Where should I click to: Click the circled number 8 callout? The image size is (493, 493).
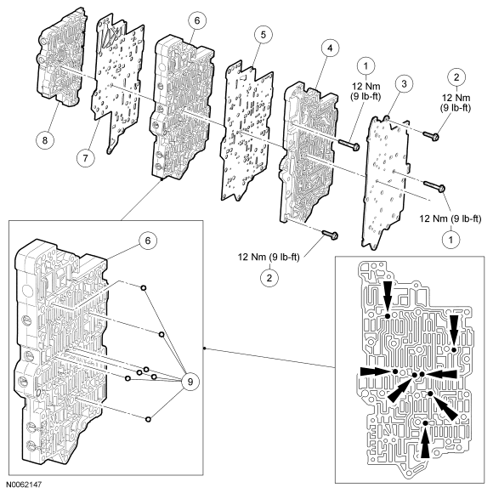pyautogui.click(x=45, y=139)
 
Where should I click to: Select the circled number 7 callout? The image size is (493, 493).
pyautogui.click(x=86, y=158)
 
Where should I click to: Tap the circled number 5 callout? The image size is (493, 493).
pyautogui.click(x=263, y=35)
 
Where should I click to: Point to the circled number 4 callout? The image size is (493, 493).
pyautogui.click(x=330, y=48)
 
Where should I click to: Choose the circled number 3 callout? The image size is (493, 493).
pyautogui.click(x=404, y=83)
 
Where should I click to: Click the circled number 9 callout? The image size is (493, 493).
pyautogui.click(x=190, y=382)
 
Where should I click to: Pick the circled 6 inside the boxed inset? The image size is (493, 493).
pyautogui.click(x=148, y=241)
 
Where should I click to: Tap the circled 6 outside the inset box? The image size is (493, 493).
pyautogui.click(x=197, y=20)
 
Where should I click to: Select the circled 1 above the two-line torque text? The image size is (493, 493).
pyautogui.click(x=365, y=66)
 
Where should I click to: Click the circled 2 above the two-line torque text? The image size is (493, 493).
pyautogui.click(x=456, y=77)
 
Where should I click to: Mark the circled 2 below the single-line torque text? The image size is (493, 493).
pyautogui.click(x=269, y=278)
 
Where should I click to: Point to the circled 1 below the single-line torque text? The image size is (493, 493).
pyautogui.click(x=450, y=240)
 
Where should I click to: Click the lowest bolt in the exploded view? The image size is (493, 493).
pyautogui.click(x=330, y=235)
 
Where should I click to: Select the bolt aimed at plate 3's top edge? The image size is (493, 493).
pyautogui.click(x=430, y=136)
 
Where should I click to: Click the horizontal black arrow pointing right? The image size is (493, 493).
pyautogui.click(x=376, y=371)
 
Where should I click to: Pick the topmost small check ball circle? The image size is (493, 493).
pyautogui.click(x=143, y=288)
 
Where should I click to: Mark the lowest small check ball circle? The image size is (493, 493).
pyautogui.click(x=148, y=419)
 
